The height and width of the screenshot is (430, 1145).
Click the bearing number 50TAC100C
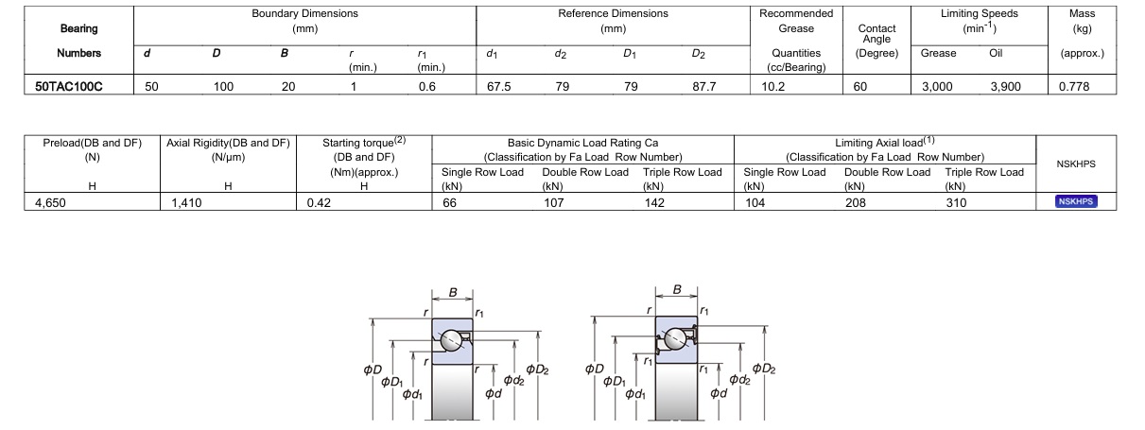point(68,87)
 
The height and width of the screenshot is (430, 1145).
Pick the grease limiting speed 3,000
point(937,87)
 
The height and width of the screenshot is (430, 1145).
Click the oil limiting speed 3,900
point(1006,87)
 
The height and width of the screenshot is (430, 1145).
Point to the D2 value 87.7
point(704,87)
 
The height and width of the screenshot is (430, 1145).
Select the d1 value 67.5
point(499,87)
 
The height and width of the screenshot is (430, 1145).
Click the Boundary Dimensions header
point(304,14)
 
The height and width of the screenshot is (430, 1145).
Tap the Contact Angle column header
point(876,33)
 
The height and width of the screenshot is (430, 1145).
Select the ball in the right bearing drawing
point(675,337)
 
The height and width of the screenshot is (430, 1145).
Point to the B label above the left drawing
point(453,292)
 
